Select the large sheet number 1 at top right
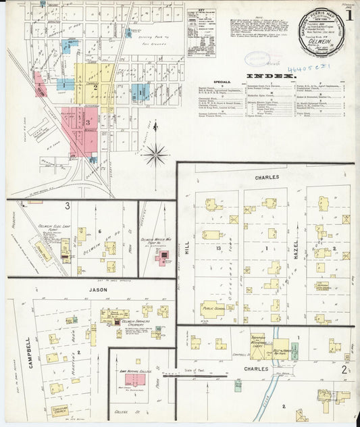pyautogui.click(x=349, y=14)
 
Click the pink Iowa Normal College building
pyautogui.click(x=134, y=380)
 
